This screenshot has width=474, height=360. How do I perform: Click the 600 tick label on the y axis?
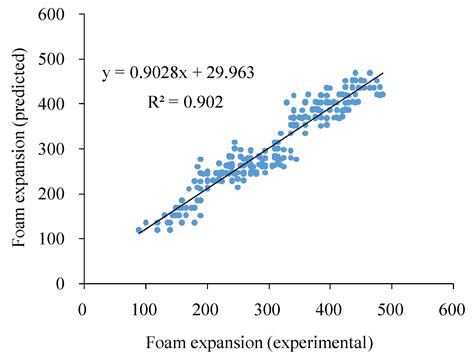[62, 14]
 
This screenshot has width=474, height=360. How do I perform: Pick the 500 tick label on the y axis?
[62, 59]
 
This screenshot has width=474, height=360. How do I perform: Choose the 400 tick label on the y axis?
[62, 104]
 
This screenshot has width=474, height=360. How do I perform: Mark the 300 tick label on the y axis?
[62, 149]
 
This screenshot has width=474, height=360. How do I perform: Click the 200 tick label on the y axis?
[62, 194]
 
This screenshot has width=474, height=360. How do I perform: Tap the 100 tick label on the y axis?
[62, 239]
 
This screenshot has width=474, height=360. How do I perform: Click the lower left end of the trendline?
[139, 233]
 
